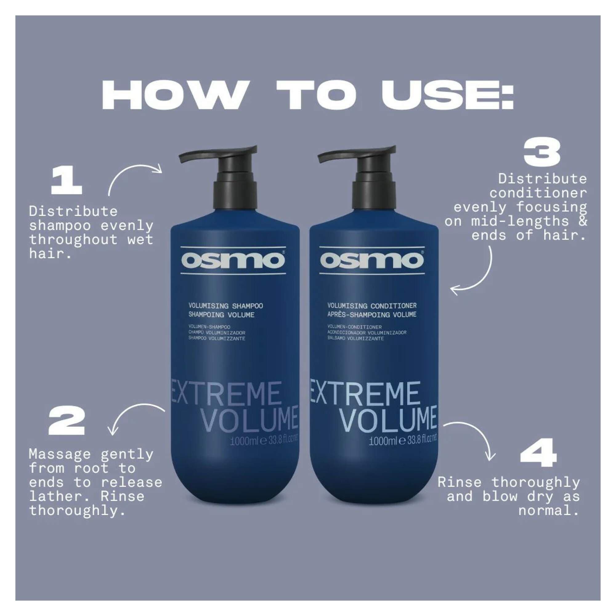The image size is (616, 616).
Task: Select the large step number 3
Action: [542, 154]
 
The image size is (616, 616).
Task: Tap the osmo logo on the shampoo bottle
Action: [233, 261]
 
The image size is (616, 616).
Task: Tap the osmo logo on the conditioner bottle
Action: [372, 261]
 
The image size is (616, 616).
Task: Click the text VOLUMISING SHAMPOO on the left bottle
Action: [225, 306]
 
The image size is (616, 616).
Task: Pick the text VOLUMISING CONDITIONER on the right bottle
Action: [372, 306]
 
